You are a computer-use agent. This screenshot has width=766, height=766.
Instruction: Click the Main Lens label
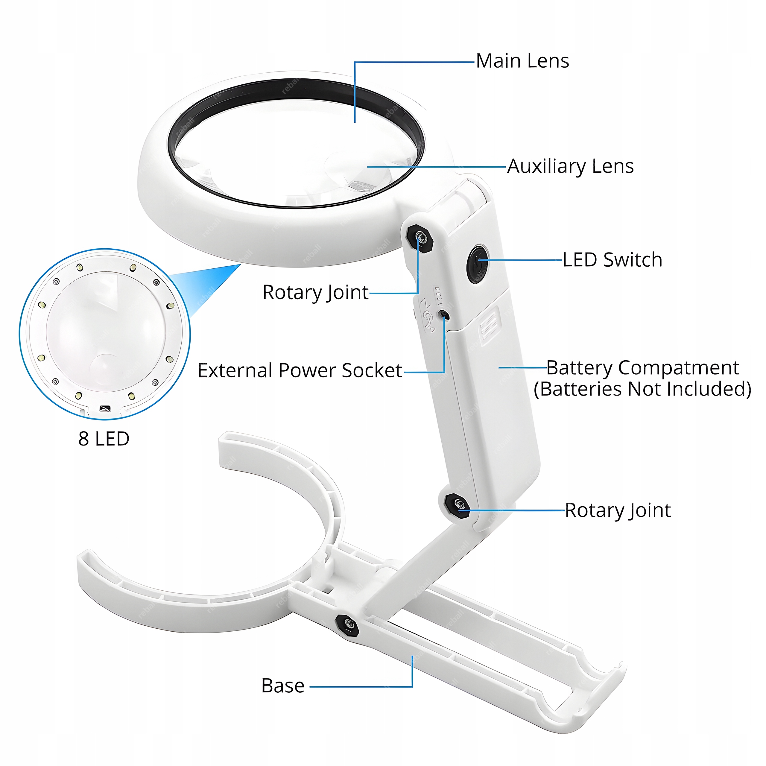[x=522, y=61]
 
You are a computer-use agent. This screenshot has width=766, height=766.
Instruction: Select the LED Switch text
[x=612, y=260]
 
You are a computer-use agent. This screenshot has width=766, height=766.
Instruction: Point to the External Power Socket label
[x=300, y=371]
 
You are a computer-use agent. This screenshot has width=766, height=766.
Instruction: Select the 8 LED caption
[x=104, y=439]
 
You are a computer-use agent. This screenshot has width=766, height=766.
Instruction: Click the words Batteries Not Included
[x=642, y=389]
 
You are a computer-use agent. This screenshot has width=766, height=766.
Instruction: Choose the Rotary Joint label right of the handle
[x=618, y=510]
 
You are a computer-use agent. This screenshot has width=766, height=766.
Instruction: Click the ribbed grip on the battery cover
[x=488, y=325]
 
